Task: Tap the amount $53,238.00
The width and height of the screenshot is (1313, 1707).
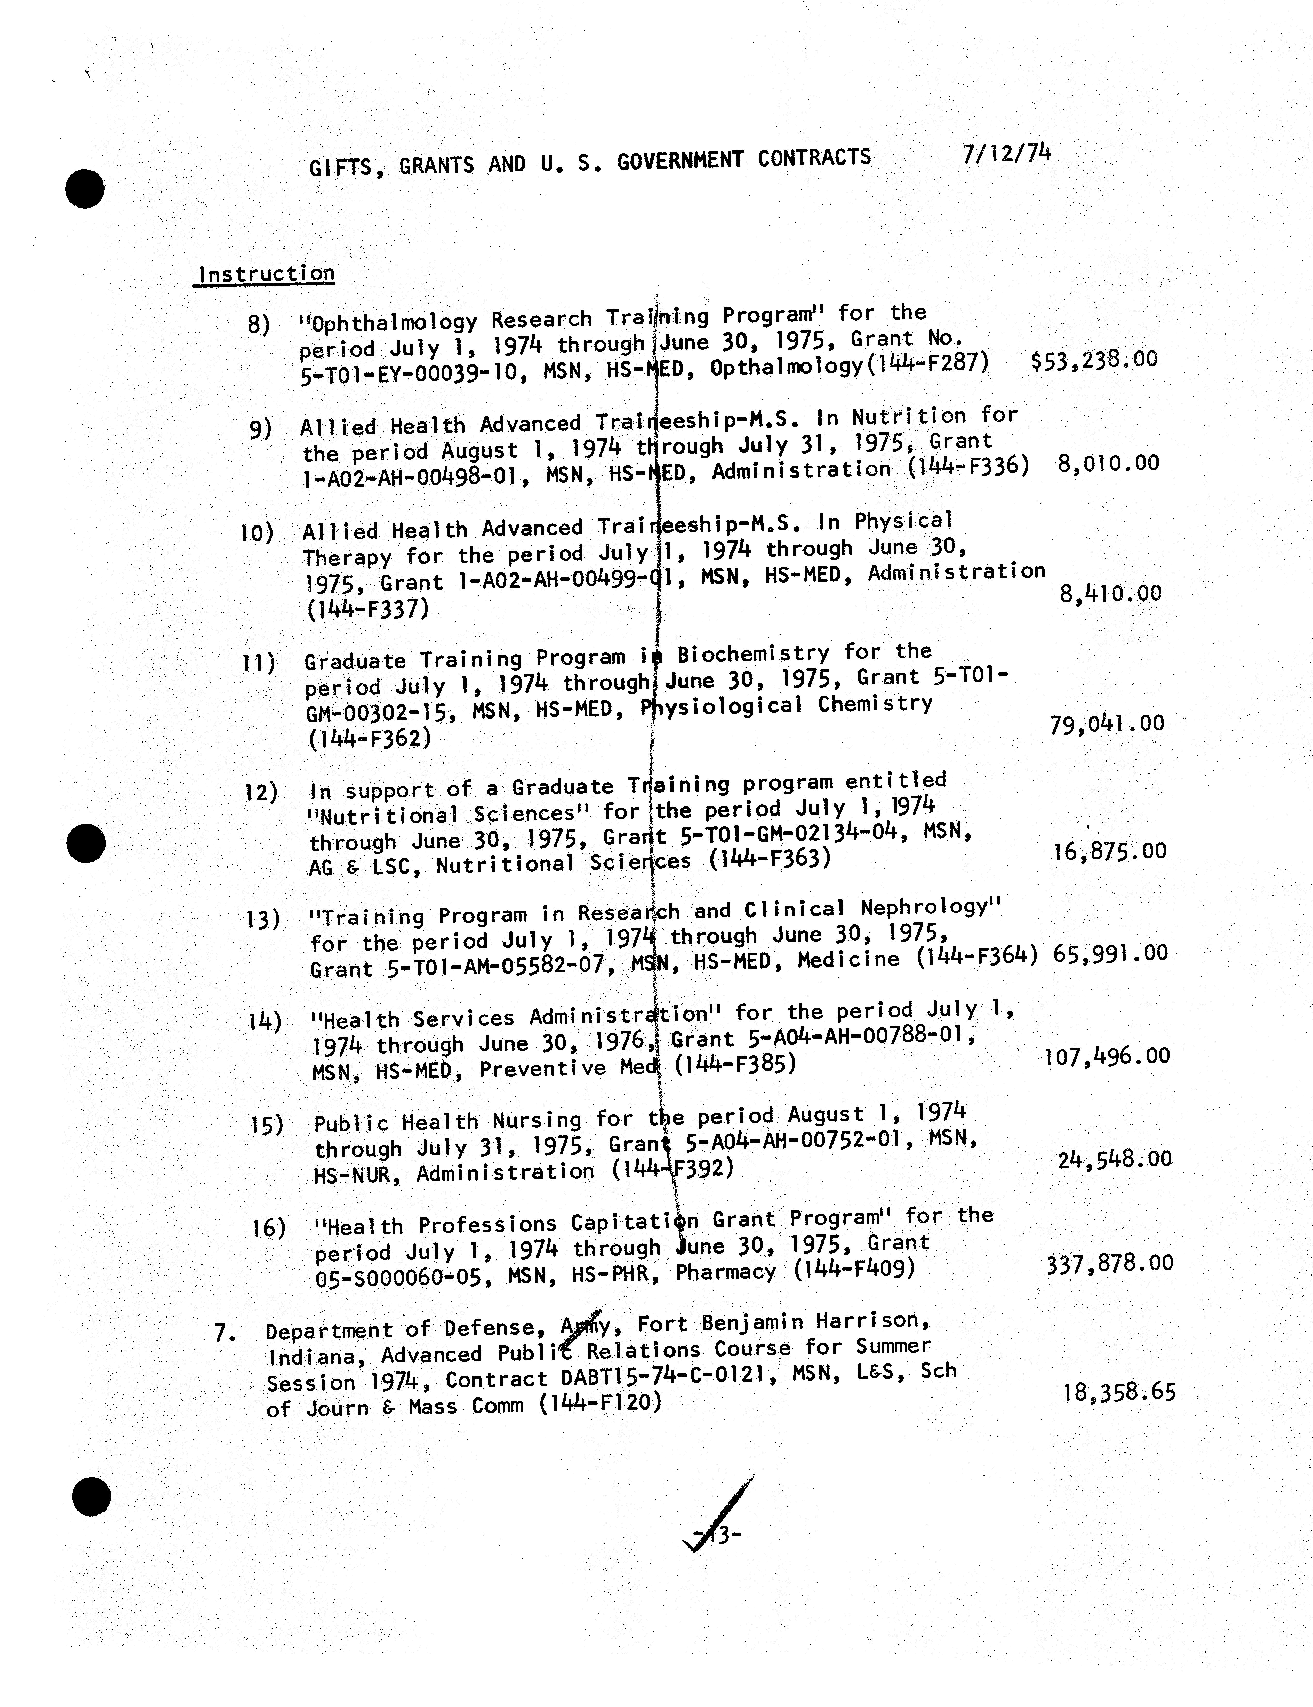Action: [1094, 360]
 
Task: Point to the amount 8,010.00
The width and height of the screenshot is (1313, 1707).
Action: [1108, 464]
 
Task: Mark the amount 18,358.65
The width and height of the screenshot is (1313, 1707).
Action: [1119, 1392]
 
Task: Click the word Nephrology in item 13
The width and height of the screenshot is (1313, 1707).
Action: [930, 907]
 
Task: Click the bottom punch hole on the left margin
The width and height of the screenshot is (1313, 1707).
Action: [91, 1496]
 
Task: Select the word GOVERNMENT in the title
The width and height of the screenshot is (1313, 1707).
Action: [678, 161]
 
